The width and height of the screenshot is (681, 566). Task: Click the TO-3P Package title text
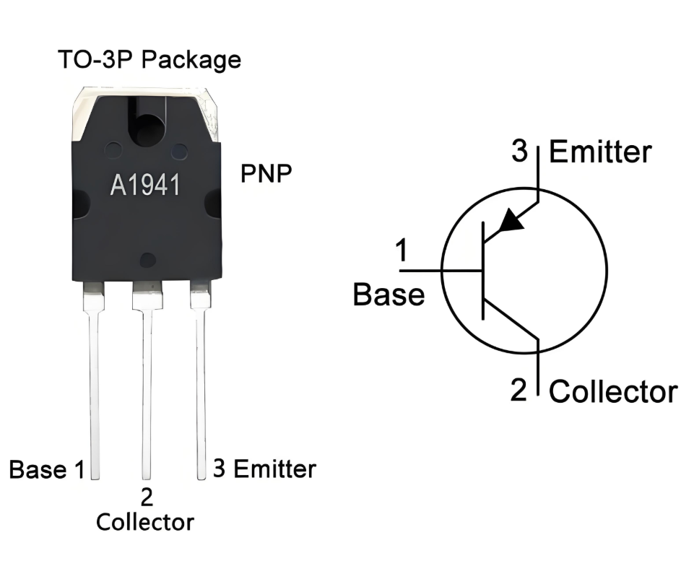point(149,60)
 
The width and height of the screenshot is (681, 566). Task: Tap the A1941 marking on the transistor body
point(144,186)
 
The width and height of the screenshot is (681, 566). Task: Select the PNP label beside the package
point(266,174)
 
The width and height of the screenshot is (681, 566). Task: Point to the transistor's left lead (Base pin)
point(94,383)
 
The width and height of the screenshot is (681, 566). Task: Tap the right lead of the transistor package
point(201,383)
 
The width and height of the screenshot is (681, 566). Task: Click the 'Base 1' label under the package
point(47,470)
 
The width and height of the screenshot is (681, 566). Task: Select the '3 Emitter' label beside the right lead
point(264,469)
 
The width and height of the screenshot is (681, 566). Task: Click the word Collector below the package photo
point(145,521)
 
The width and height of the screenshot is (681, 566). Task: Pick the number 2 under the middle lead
point(147,497)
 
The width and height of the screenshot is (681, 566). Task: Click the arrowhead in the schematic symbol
point(511,220)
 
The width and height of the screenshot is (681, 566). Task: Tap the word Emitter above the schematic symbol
point(600,152)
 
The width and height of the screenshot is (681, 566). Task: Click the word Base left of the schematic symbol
point(389,295)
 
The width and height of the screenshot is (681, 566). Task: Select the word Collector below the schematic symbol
point(613,392)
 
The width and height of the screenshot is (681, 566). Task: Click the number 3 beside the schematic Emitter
point(520,152)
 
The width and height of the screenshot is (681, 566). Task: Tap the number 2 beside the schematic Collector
point(519,390)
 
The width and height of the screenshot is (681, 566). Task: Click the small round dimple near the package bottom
point(148,260)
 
